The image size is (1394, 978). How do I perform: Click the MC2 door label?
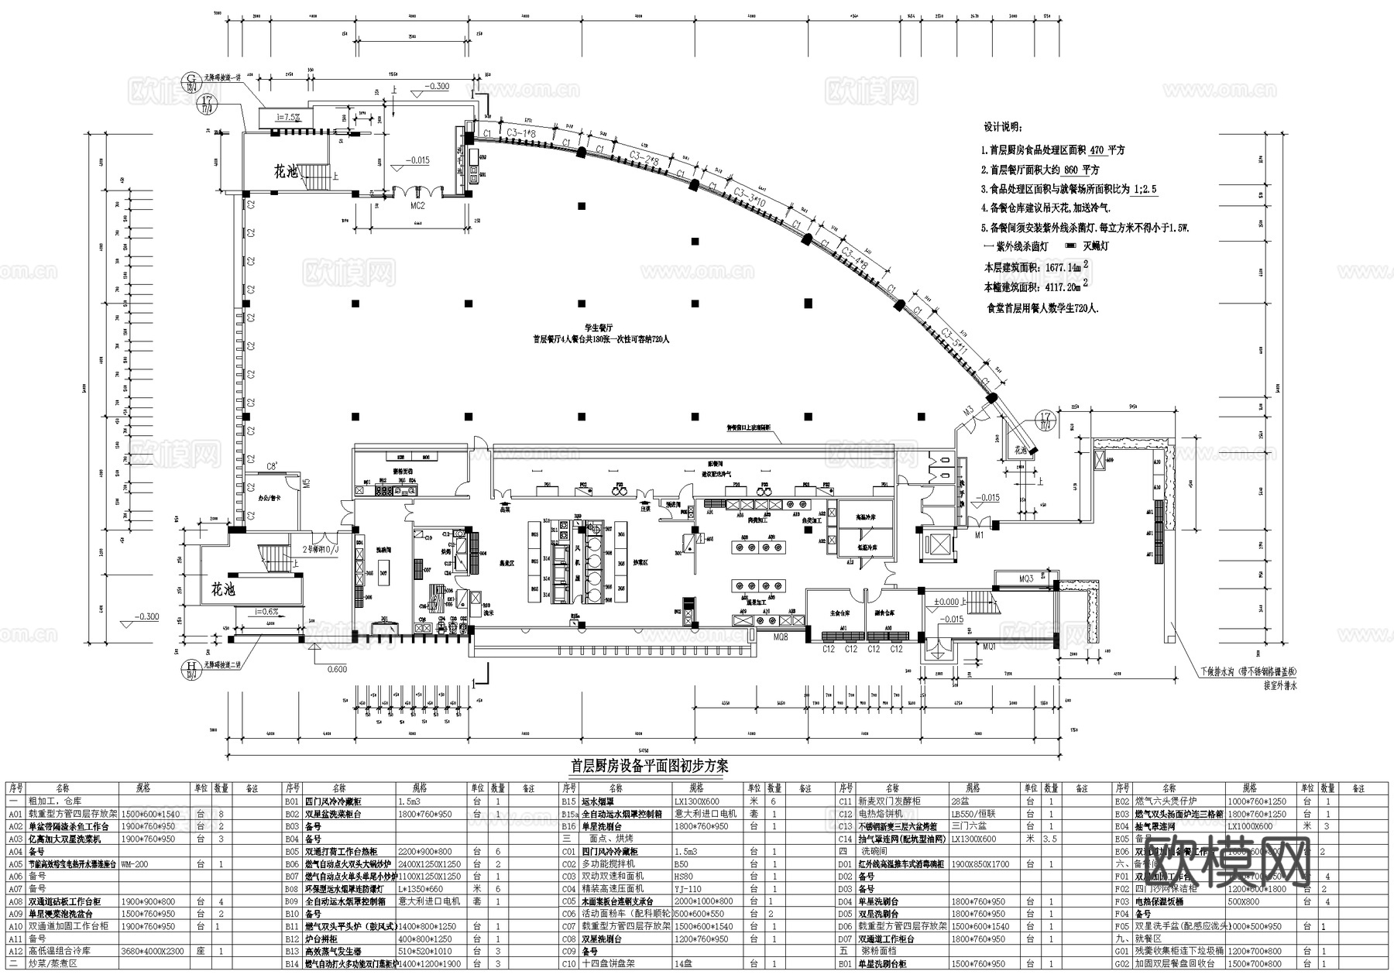point(417,206)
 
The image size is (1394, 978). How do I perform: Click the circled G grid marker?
point(189,78)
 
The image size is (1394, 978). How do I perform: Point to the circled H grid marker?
point(189,665)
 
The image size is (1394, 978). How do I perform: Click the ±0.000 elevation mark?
point(946,602)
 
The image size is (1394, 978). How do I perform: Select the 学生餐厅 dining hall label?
point(599,328)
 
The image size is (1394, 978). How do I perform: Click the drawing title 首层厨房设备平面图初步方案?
point(650,766)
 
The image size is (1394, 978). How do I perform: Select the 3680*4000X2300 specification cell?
point(153,951)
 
